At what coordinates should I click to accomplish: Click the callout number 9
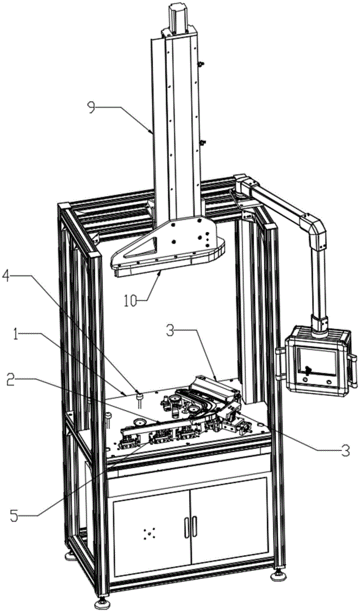[x=92, y=106]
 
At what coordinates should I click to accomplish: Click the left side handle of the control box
[x=279, y=364]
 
